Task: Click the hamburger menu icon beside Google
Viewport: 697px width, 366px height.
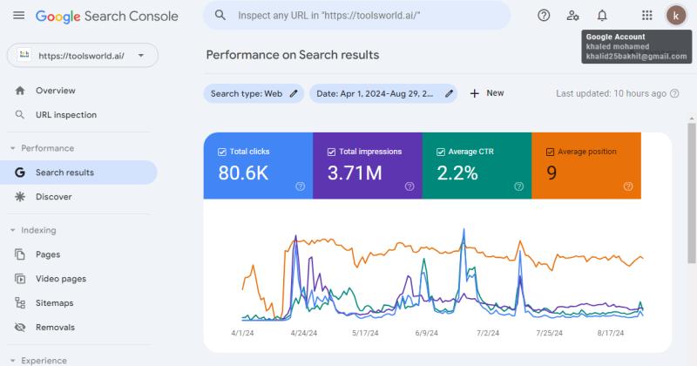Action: click(18, 16)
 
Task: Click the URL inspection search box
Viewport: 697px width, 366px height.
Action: click(357, 16)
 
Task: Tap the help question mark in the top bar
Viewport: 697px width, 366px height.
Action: click(544, 16)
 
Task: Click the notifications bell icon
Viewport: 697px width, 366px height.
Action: click(602, 16)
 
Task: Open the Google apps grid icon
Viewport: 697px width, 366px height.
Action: click(646, 16)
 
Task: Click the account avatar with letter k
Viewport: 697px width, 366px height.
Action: click(676, 16)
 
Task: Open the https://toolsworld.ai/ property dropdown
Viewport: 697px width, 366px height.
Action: click(83, 56)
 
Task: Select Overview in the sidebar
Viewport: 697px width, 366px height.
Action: click(55, 91)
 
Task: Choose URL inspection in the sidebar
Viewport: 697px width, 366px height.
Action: click(65, 115)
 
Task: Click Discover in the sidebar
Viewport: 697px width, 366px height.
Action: click(53, 197)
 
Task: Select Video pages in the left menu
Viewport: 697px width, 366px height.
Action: click(60, 279)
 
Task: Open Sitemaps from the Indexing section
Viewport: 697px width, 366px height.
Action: click(54, 303)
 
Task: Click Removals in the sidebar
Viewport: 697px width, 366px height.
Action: click(55, 328)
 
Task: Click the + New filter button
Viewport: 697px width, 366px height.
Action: click(487, 93)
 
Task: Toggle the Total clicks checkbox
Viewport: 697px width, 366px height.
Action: click(222, 152)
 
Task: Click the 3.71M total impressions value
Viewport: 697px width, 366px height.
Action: click(355, 173)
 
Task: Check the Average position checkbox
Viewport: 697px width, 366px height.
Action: click(550, 152)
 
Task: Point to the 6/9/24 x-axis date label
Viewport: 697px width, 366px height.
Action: click(426, 333)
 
